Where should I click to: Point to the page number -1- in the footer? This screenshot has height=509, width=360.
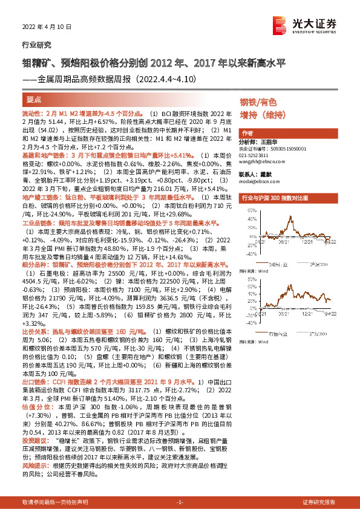(x=180, y=502)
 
